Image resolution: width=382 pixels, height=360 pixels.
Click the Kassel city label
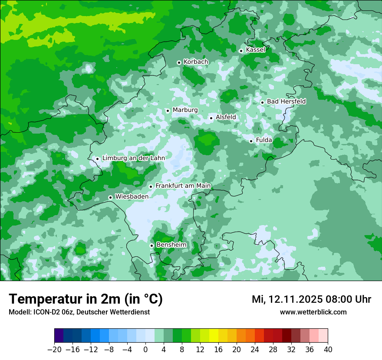(255, 50)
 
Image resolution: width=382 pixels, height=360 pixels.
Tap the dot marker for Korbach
(179, 62)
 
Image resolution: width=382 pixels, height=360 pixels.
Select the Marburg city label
(185, 110)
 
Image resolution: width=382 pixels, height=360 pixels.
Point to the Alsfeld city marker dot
(211, 118)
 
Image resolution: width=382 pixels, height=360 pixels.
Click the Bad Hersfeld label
(286, 101)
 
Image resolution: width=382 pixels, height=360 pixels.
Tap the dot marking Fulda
(251, 141)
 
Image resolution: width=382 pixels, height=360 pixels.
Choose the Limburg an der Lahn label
(133, 158)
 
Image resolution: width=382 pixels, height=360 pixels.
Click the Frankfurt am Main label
(183, 186)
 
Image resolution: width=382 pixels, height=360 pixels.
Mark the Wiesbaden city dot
(110, 197)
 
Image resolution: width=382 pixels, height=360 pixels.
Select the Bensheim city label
(171, 245)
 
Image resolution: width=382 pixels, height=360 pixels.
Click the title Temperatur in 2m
(86, 299)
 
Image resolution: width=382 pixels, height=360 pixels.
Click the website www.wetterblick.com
(313, 312)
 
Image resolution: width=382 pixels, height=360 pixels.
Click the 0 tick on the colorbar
(145, 350)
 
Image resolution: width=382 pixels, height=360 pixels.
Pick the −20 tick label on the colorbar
(54, 350)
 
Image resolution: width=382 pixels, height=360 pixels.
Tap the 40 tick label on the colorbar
(328, 350)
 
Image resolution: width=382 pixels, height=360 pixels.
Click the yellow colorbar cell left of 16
(214, 336)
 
